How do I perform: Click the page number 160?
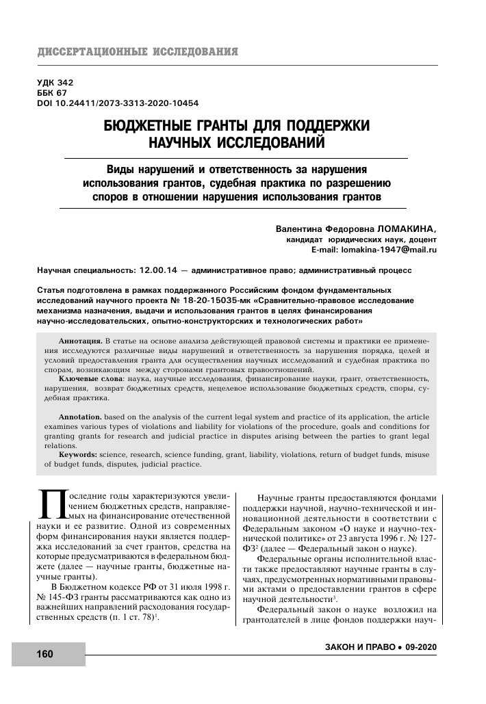coord(44,654)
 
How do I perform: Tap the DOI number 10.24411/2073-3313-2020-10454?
coord(130,103)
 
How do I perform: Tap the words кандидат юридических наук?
coord(346,241)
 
